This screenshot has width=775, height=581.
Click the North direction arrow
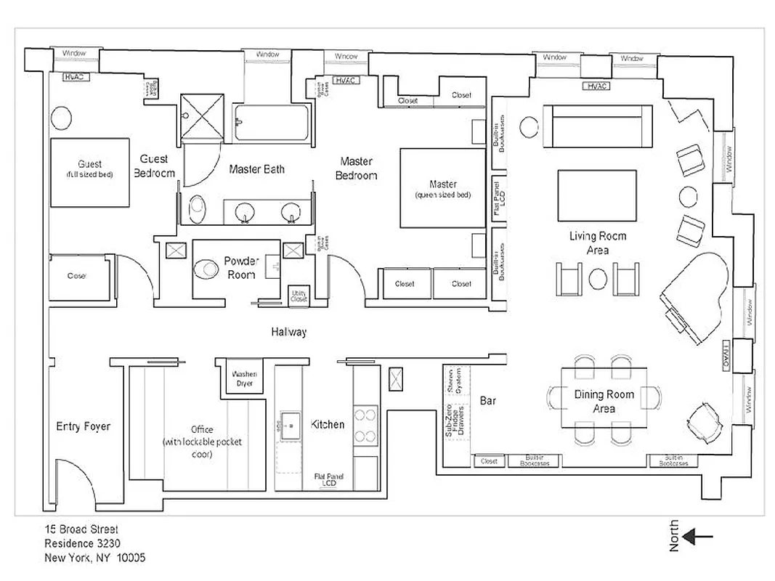tap(699, 537)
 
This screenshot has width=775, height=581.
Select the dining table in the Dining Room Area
tap(604, 399)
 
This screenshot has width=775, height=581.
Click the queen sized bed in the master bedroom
tap(442, 188)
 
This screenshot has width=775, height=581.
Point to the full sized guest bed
tap(89, 172)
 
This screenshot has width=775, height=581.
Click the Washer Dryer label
tap(245, 378)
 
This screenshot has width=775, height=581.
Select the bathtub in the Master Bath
tap(272, 122)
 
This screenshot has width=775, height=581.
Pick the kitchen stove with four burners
tap(365, 426)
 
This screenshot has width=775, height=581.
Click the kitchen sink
tap(292, 426)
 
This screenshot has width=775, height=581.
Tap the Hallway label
tap(289, 332)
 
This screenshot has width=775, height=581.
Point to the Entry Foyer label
tap(83, 426)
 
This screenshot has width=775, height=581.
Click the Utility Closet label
tap(299, 296)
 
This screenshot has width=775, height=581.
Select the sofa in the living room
tap(597, 126)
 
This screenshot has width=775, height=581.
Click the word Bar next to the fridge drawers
tap(488, 400)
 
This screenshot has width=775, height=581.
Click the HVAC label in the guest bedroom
tap(76, 76)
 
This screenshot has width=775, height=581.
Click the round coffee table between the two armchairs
tap(598, 278)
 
